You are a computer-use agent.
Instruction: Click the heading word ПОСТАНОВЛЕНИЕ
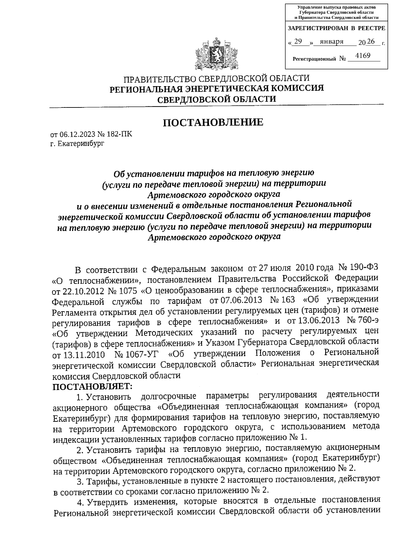(x=213, y=123)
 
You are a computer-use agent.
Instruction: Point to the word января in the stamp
(x=331, y=42)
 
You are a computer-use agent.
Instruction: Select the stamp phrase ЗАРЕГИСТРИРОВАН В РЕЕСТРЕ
(x=336, y=29)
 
